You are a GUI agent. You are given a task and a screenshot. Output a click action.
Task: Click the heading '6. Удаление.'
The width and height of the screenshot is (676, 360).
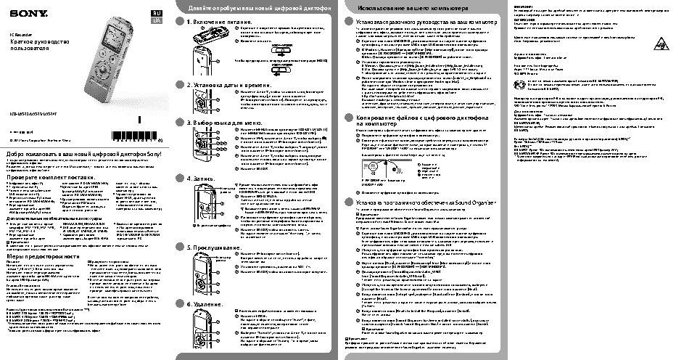pos(206,303)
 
